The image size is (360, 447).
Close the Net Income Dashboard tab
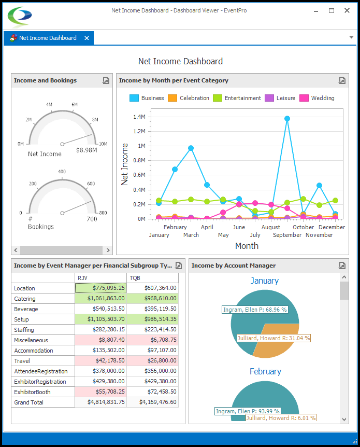[x=87, y=38]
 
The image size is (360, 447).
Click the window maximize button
[x=332, y=10]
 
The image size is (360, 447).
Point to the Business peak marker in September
[x=287, y=118]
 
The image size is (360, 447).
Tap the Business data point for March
[x=191, y=148]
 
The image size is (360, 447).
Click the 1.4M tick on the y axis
[x=138, y=117]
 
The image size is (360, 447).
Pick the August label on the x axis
[x=271, y=227]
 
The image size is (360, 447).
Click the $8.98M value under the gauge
[x=87, y=150]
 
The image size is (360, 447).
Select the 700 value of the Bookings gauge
[x=92, y=219]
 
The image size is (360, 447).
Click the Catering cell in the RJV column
[x=100, y=299]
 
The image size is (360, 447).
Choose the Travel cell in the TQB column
[x=153, y=361]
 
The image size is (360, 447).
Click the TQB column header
[x=135, y=278]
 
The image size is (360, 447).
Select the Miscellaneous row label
[x=31, y=340]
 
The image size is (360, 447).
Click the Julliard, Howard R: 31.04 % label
[x=273, y=338]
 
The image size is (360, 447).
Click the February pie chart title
[x=265, y=371]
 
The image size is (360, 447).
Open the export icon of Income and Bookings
[x=106, y=80]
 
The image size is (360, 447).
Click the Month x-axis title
[x=247, y=246]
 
